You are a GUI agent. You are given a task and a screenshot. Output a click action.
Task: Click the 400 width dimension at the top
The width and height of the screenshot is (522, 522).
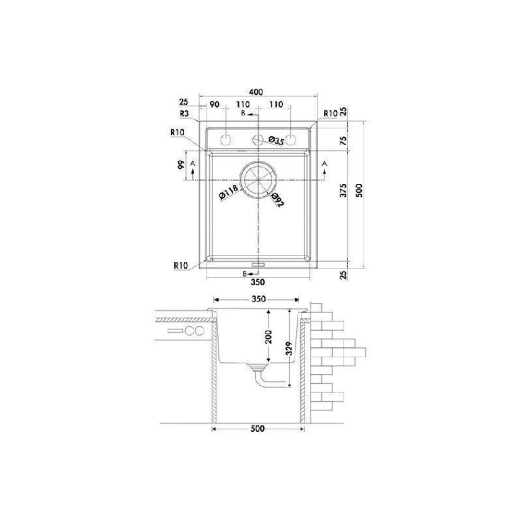[x=255, y=92]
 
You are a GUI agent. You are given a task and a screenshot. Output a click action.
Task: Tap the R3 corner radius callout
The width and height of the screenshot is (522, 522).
[x=184, y=113]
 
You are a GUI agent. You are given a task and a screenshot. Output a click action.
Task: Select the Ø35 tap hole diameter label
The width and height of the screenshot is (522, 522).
[x=276, y=140]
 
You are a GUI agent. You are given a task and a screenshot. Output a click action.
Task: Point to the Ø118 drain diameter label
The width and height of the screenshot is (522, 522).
[x=229, y=193]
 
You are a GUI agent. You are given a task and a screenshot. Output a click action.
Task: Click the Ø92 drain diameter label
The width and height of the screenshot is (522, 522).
[x=277, y=200]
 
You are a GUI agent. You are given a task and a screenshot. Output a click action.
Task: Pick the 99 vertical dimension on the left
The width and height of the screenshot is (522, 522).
[x=181, y=165]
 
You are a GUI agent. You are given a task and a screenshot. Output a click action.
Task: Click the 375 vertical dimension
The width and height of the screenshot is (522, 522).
[x=343, y=190]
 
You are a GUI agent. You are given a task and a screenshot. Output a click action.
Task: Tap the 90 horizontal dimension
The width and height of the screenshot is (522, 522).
[x=215, y=104]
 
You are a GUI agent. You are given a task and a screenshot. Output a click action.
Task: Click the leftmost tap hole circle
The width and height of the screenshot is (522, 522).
[x=226, y=140]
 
